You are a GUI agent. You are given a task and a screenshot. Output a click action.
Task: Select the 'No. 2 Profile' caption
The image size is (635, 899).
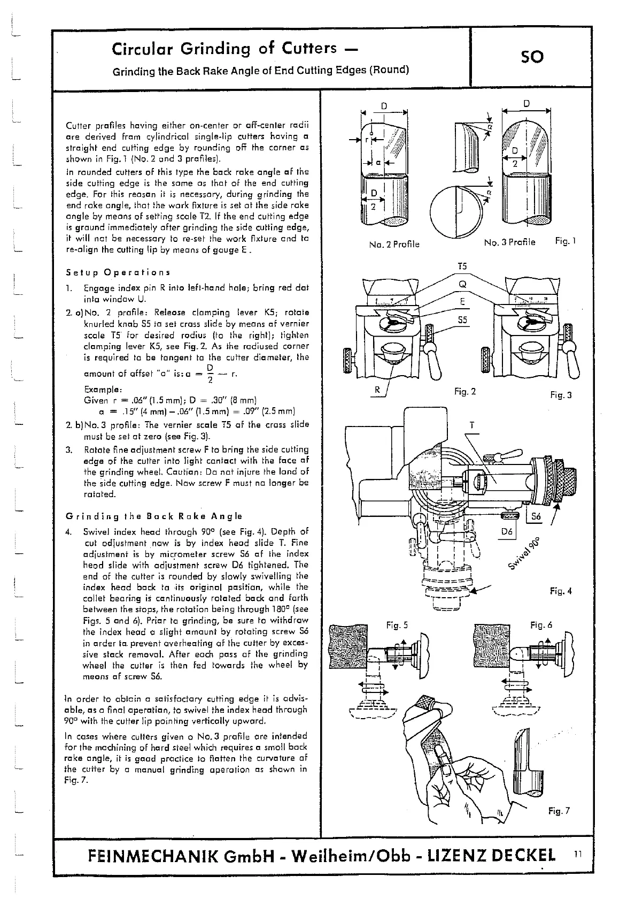tap(394, 245)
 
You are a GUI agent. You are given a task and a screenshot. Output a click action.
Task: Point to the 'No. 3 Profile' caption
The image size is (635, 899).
tap(509, 242)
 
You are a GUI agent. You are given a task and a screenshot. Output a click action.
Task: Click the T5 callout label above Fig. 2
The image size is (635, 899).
tap(462, 266)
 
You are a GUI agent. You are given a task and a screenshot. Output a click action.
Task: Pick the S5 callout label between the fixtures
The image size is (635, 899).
tap(462, 320)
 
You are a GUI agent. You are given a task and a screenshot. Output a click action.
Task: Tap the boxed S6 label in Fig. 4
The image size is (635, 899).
tap(537, 516)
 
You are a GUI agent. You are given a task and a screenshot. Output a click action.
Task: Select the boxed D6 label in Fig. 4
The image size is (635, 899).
tap(507, 531)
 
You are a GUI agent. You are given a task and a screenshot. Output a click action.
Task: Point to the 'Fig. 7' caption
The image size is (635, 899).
tap(559, 811)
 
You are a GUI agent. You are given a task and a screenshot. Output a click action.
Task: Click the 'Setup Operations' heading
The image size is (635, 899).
tap(118, 272)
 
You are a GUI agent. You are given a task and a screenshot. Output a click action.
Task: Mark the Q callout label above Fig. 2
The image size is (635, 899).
tap(462, 284)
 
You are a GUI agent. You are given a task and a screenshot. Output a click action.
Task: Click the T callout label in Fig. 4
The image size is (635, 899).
tap(471, 425)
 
